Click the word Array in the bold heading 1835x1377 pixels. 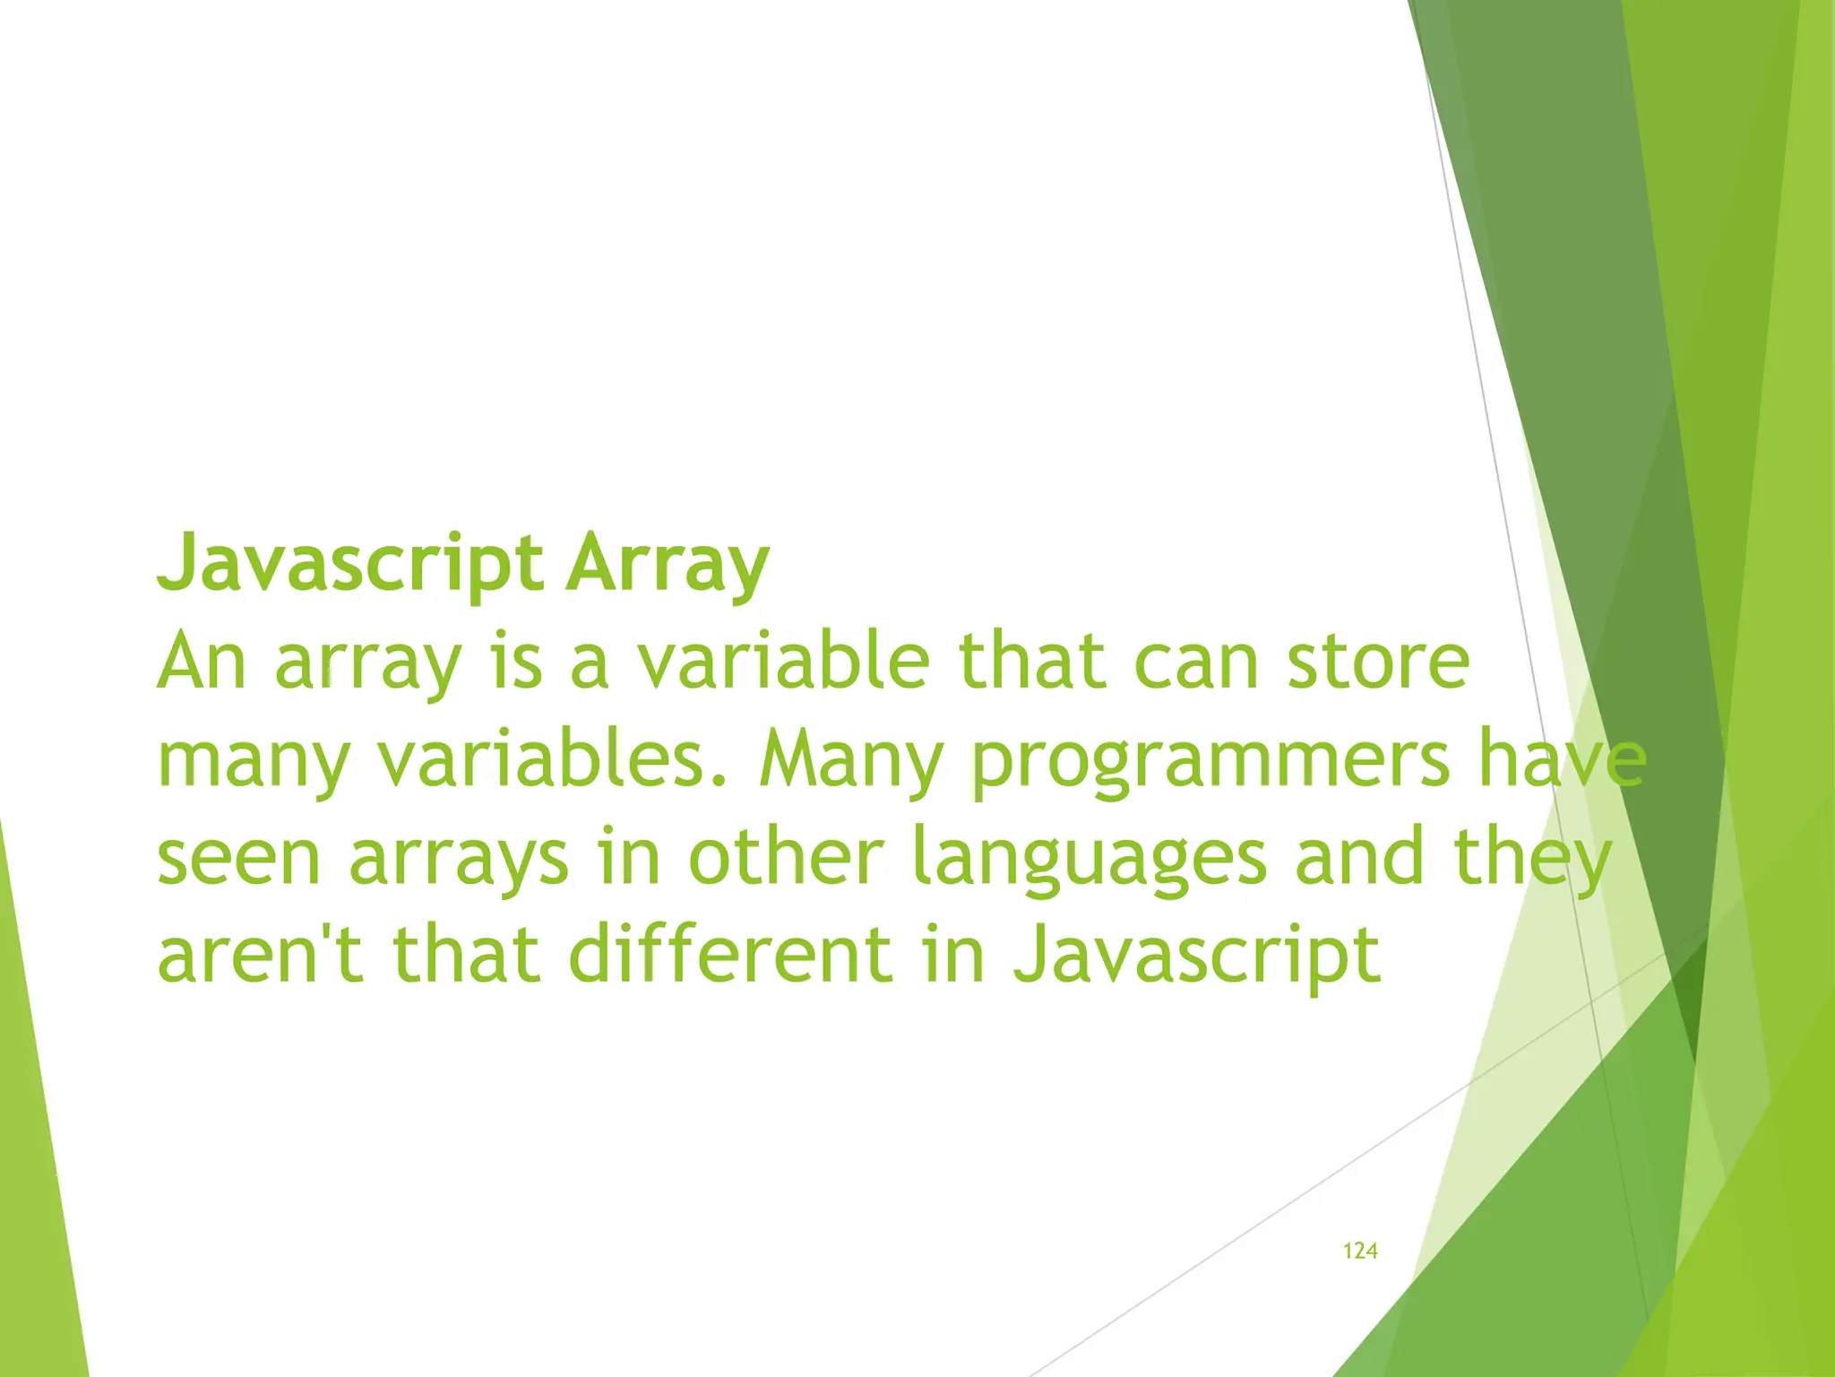click(x=667, y=563)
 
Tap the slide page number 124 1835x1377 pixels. click(x=1359, y=1251)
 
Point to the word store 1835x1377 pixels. click(x=1378, y=662)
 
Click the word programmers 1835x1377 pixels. click(x=1210, y=760)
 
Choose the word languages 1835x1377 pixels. click(x=1089, y=859)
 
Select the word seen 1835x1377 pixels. click(x=238, y=859)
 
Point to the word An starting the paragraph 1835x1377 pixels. click(x=202, y=662)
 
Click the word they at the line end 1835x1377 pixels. click(x=1532, y=859)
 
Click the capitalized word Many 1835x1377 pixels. click(x=850, y=760)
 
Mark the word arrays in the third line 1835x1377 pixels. click(x=458, y=859)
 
